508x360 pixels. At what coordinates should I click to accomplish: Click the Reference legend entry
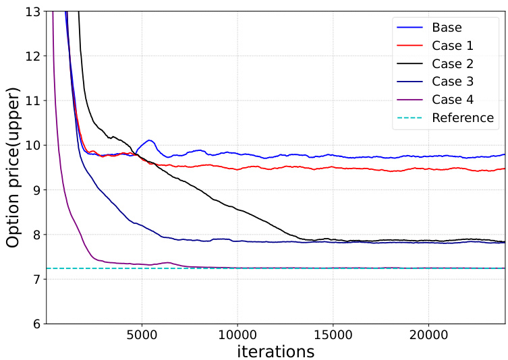pyautogui.click(x=463, y=117)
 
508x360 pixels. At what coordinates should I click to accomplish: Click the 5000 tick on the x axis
pyautogui.click(x=142, y=335)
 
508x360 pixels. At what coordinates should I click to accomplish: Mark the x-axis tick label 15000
pyautogui.click(x=334, y=335)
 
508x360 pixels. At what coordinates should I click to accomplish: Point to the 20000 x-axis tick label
pyautogui.click(x=430, y=335)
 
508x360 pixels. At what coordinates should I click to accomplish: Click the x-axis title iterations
pyautogui.click(x=276, y=351)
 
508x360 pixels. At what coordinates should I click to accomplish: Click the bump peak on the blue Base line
pyautogui.click(x=150, y=140)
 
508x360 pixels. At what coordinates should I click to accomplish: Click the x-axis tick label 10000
pyautogui.click(x=237, y=335)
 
